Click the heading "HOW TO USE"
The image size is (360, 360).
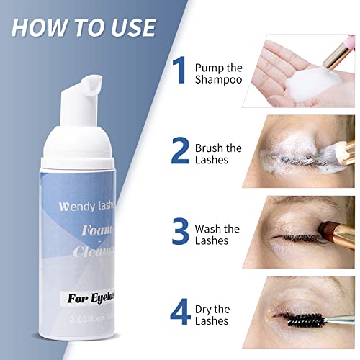(84, 27)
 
